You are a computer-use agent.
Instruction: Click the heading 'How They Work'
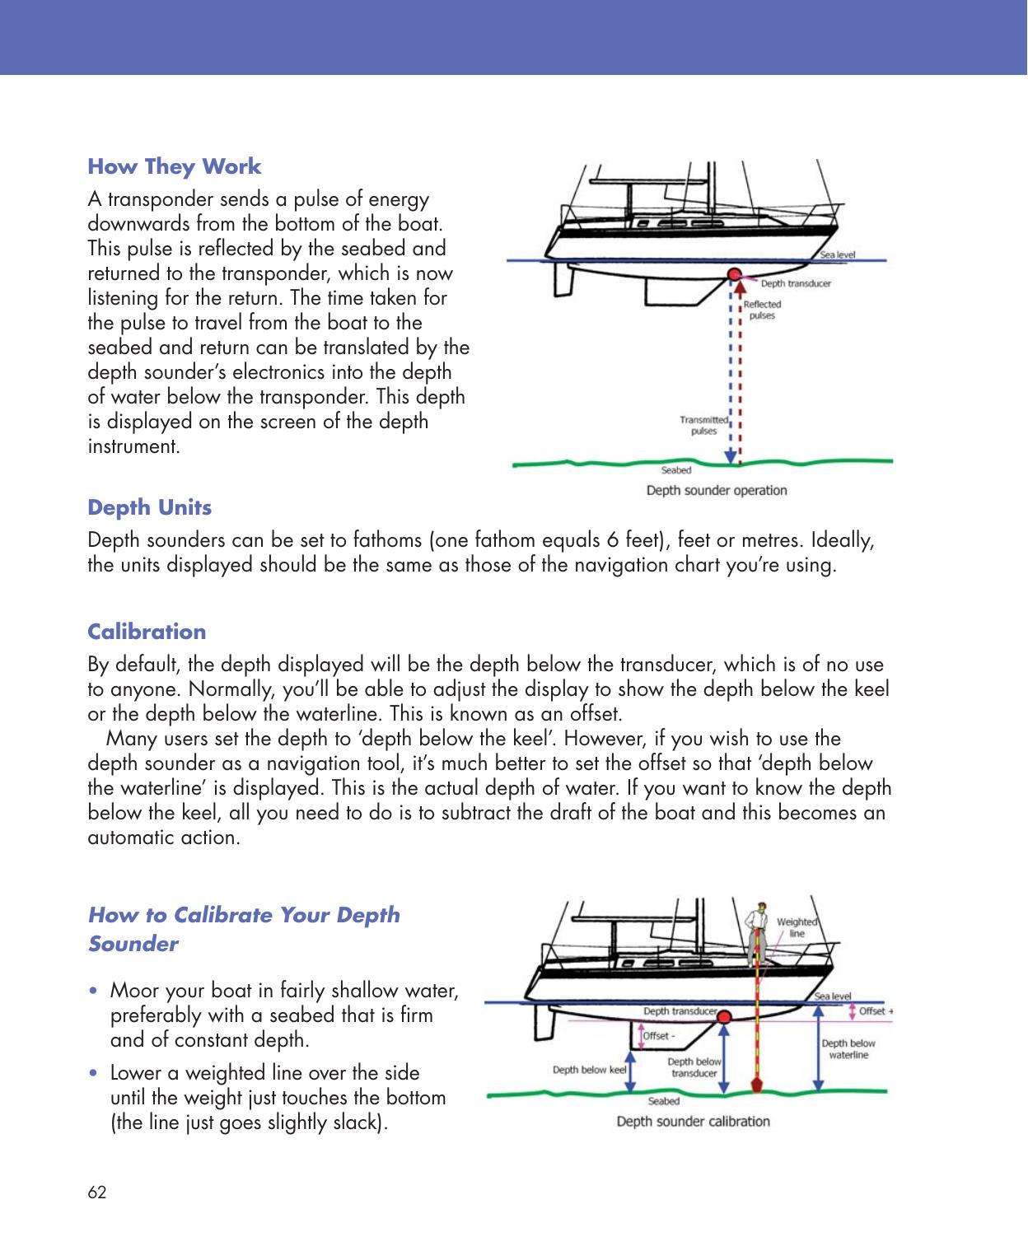[174, 166]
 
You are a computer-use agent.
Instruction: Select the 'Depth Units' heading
[149, 507]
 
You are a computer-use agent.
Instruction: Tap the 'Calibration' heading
[147, 632]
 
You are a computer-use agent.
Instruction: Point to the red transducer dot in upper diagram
[732, 273]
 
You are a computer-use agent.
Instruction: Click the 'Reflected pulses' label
[762, 310]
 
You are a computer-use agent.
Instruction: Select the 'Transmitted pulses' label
[703, 425]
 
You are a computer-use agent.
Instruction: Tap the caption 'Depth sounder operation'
[716, 491]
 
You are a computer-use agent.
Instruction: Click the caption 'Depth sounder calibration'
[693, 1122]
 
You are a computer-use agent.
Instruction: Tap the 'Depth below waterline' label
[848, 1048]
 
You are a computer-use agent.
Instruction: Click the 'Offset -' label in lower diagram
[657, 1036]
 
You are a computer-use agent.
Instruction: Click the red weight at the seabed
[755, 1084]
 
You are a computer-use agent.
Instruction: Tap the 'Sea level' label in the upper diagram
[837, 254]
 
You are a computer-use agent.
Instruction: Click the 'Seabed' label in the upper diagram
[676, 471]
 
